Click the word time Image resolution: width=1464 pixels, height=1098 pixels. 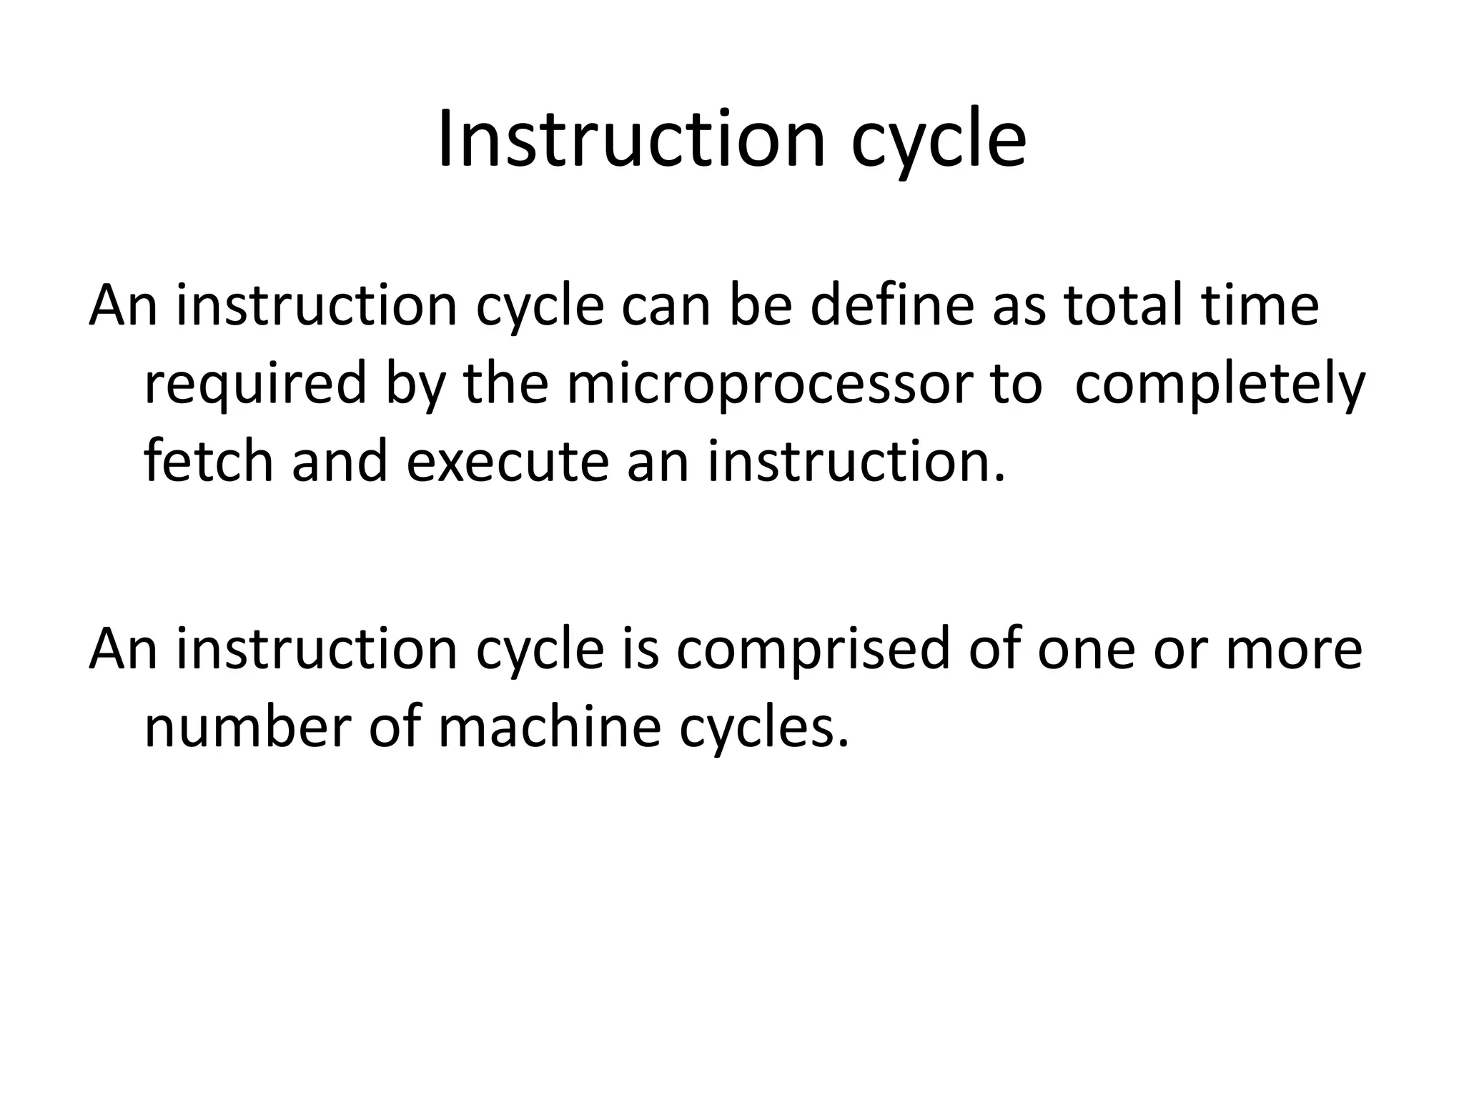1259,305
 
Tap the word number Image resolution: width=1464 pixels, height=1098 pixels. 247,728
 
